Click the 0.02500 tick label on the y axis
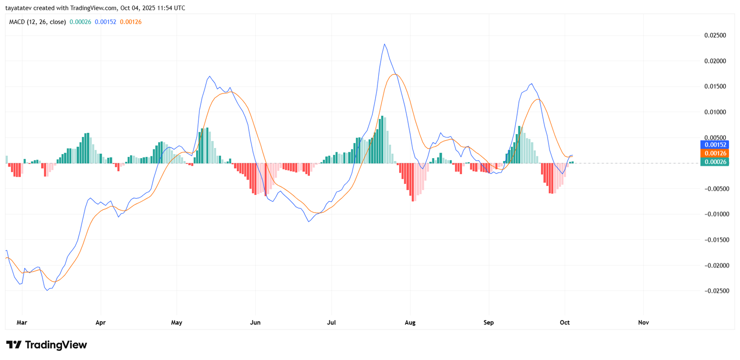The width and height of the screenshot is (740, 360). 715,36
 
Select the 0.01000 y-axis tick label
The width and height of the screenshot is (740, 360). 715,112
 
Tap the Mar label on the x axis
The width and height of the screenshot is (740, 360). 22,323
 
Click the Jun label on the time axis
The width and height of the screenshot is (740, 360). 255,323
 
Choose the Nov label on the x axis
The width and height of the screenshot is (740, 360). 643,323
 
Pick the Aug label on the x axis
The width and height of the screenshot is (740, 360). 410,323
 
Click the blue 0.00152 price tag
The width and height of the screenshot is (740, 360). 715,145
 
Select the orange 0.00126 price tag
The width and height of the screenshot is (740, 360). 715,153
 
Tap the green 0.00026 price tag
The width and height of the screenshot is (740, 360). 715,162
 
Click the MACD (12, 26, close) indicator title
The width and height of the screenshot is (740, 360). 37,22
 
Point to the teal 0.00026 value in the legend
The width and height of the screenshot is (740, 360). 80,22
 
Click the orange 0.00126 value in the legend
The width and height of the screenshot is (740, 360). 130,22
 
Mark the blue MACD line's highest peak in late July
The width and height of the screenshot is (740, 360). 384,44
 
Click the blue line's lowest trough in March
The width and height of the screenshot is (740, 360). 48,290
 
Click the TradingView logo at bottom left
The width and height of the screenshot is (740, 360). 46,345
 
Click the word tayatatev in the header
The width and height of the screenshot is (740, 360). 18,8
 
